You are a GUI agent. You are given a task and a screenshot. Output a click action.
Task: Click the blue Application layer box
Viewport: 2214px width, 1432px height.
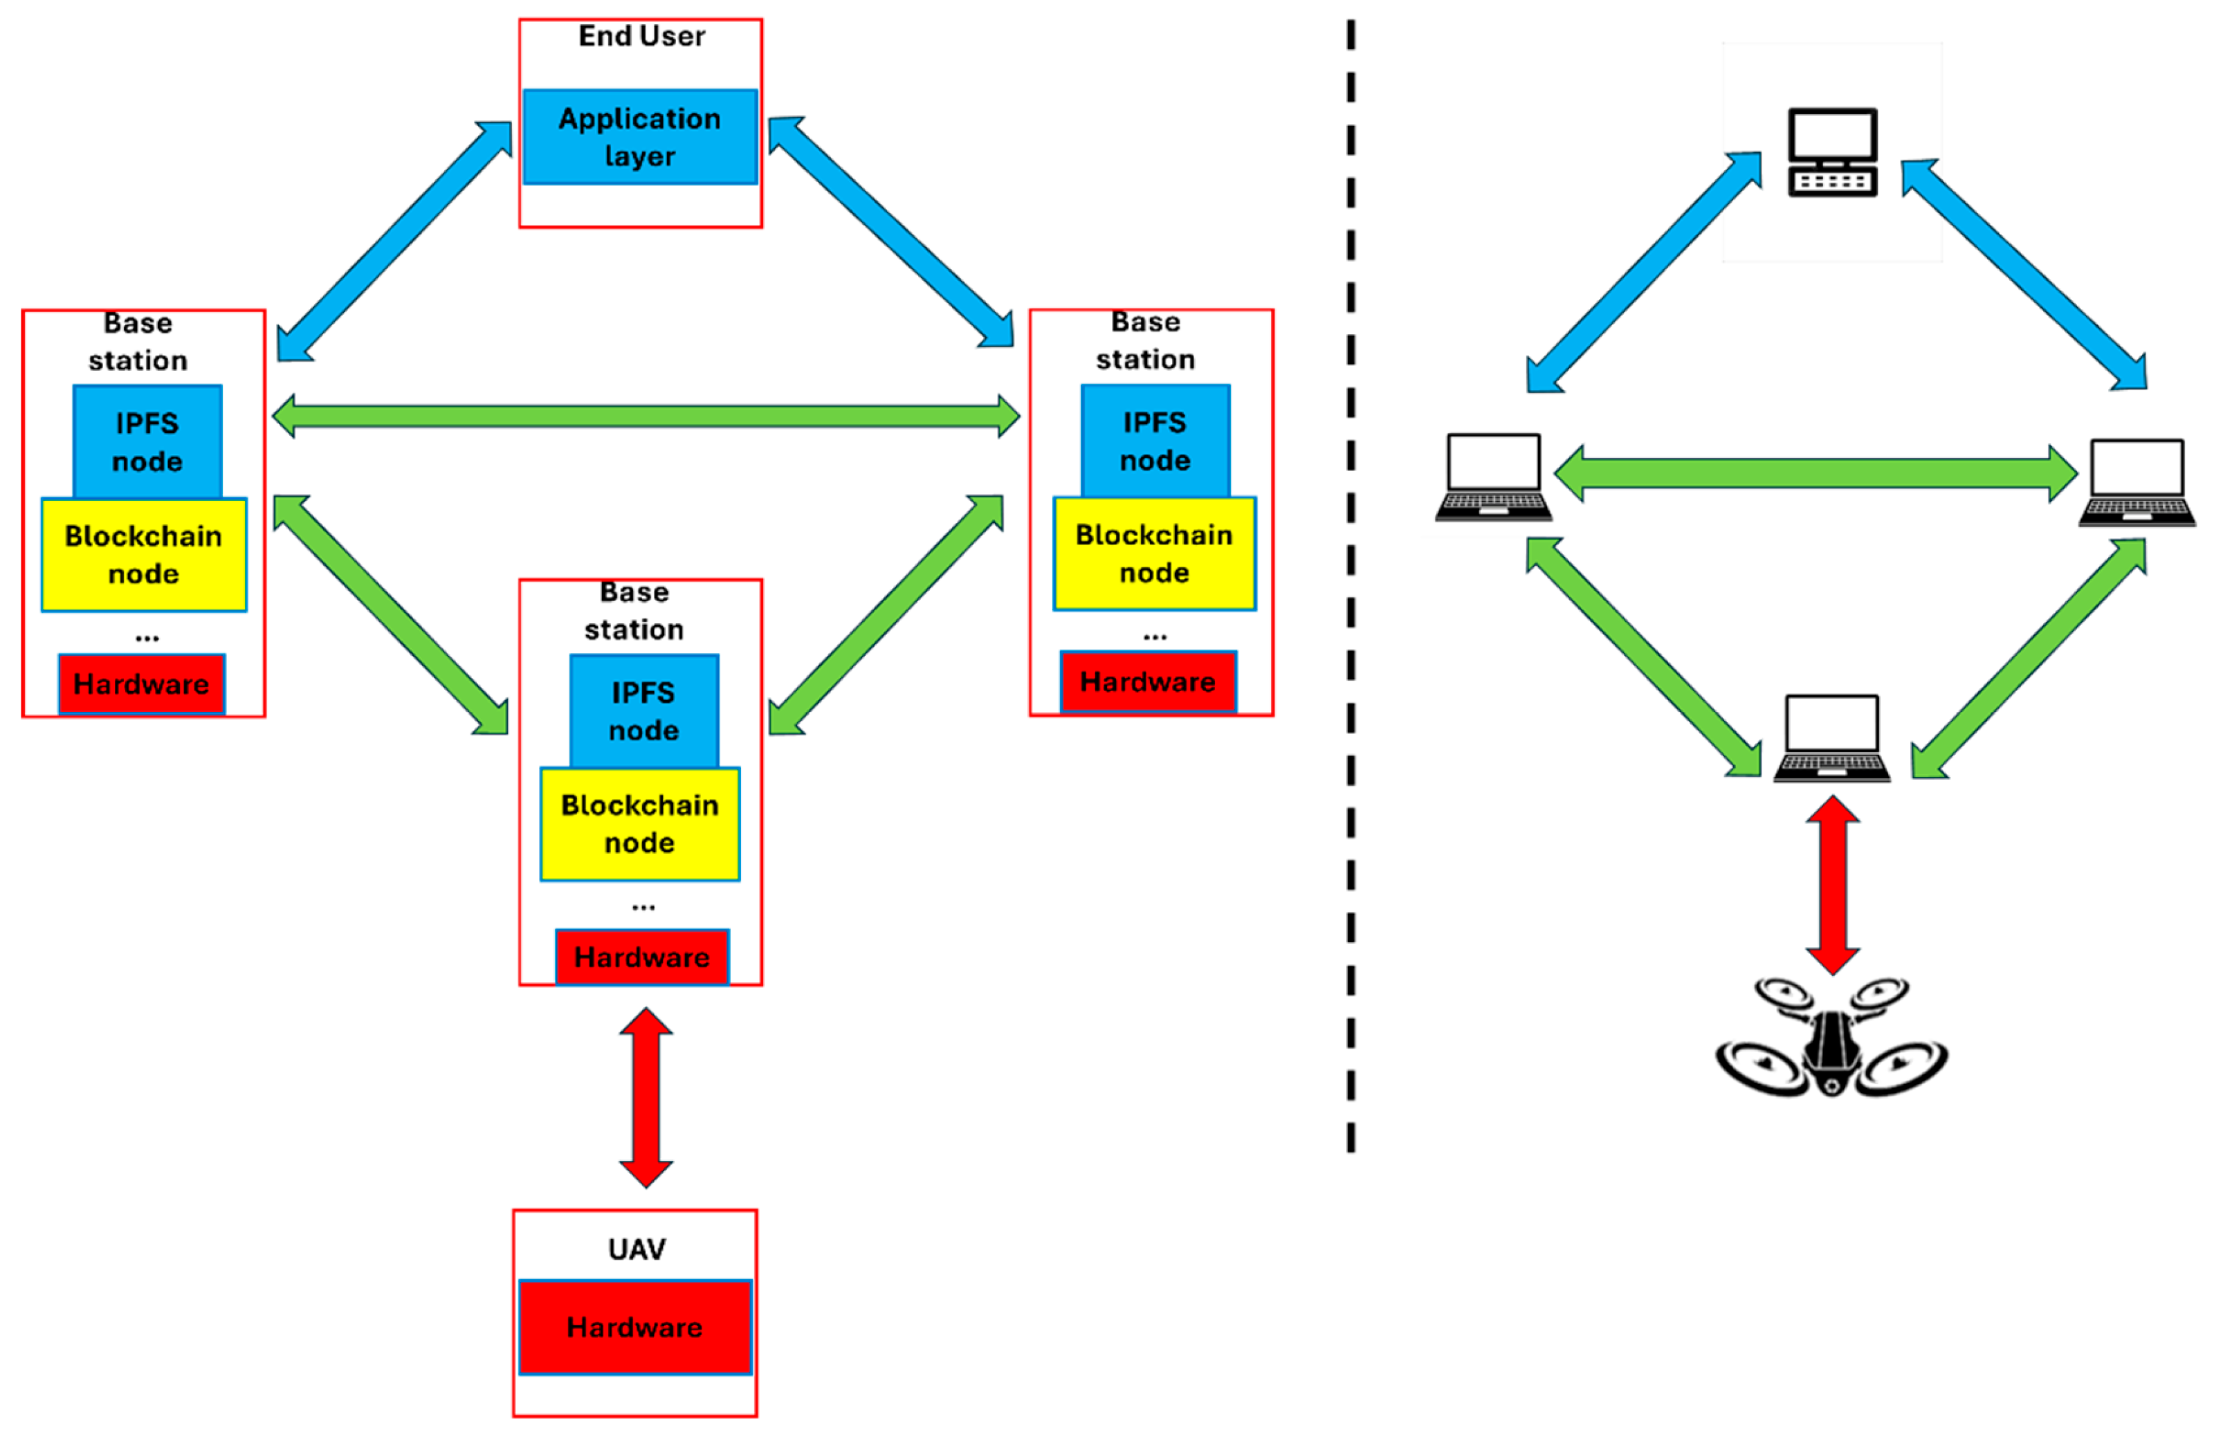click(x=640, y=137)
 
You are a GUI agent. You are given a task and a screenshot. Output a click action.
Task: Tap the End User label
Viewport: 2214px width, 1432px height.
click(x=641, y=36)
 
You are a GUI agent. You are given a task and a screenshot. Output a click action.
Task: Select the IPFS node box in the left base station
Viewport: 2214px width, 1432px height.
click(x=147, y=441)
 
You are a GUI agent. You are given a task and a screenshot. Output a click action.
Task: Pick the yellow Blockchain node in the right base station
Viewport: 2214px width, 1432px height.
click(x=1153, y=553)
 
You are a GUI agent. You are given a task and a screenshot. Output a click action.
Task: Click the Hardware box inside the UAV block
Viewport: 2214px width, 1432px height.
click(x=634, y=1327)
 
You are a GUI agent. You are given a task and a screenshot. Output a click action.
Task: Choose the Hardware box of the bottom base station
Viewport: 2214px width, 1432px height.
click(x=641, y=957)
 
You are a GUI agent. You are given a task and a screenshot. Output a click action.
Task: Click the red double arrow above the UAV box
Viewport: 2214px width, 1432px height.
click(x=646, y=1097)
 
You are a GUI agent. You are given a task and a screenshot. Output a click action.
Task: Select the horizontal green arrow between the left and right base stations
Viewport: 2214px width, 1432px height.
click(x=646, y=416)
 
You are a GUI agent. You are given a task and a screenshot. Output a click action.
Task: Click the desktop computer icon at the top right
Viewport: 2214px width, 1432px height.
click(x=1832, y=152)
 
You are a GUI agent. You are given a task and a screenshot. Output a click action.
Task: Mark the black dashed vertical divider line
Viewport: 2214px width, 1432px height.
click(x=1350, y=586)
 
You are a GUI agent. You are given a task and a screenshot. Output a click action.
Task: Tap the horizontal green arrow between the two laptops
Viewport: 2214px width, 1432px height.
click(x=1814, y=473)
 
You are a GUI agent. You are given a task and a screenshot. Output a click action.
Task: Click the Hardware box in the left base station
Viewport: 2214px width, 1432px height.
click(x=141, y=684)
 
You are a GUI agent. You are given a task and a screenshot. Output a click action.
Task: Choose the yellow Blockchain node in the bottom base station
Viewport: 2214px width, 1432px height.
click(x=640, y=824)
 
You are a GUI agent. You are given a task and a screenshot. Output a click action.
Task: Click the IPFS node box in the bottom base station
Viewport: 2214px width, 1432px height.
click(x=643, y=711)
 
